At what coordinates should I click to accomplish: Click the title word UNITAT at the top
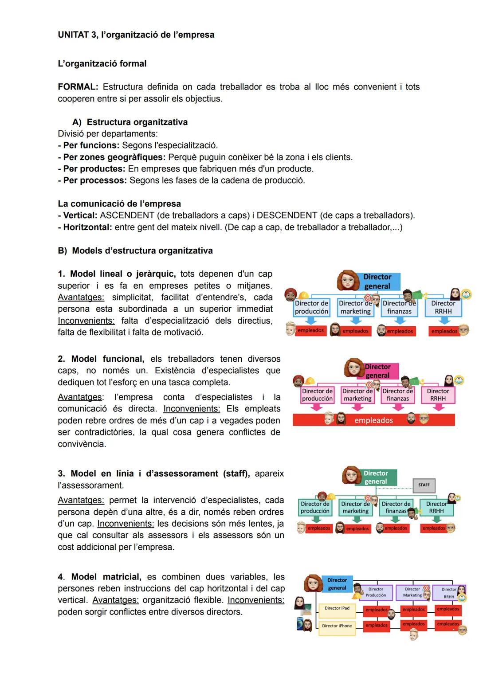click(x=74, y=35)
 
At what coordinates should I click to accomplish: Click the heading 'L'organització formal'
click(x=102, y=64)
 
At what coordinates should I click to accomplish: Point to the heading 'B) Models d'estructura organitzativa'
click(x=135, y=251)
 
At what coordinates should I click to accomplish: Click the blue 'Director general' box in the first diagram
click(x=377, y=282)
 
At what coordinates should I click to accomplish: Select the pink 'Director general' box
click(x=380, y=371)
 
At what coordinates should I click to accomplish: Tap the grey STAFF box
click(x=424, y=485)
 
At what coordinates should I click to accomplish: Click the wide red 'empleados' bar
click(x=373, y=420)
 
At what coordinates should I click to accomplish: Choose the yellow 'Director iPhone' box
click(x=337, y=626)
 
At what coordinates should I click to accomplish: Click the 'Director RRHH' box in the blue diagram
click(x=443, y=307)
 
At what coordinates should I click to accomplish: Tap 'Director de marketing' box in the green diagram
click(x=355, y=508)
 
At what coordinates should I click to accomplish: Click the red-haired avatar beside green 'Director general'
click(x=351, y=476)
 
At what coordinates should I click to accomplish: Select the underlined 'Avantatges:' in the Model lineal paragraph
click(x=81, y=297)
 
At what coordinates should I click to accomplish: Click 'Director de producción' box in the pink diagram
click(x=317, y=395)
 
